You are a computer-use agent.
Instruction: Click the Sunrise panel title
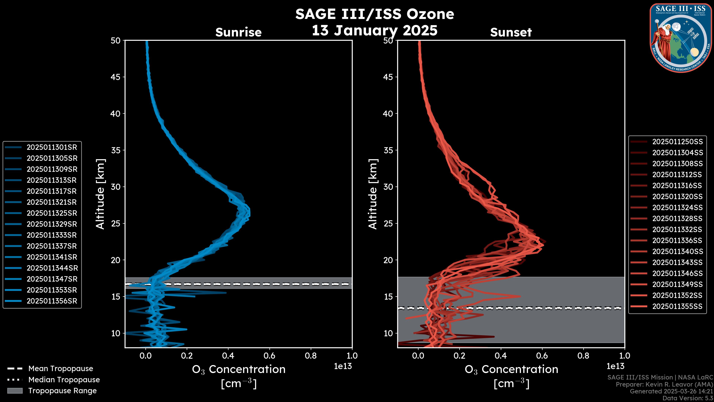[x=238, y=32]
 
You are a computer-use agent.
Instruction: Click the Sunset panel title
[x=511, y=32]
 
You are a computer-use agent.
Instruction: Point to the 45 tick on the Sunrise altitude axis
[x=116, y=77]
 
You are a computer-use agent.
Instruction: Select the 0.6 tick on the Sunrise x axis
[x=269, y=356]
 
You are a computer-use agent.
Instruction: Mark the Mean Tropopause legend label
[x=61, y=369]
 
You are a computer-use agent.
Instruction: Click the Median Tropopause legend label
[x=64, y=380]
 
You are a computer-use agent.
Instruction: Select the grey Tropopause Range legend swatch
[x=15, y=391]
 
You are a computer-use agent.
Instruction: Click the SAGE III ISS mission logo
[x=681, y=38]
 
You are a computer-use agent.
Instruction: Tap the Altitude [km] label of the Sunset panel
[x=373, y=194]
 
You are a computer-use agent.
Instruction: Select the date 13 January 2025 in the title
[x=374, y=31]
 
